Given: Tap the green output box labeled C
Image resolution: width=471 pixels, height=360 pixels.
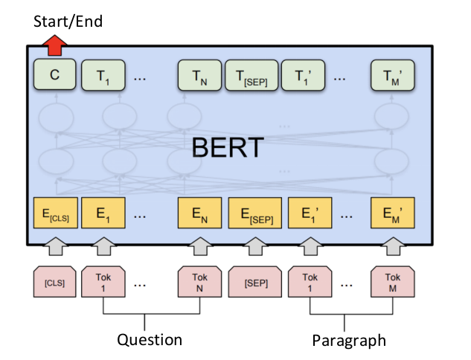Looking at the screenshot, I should tap(54, 76).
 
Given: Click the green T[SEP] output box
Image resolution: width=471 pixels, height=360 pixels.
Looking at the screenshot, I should tap(251, 76).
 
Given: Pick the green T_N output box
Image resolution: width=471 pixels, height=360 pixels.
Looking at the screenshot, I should tap(199, 76).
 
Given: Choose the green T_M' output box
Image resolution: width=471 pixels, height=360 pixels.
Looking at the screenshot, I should tap(391, 76).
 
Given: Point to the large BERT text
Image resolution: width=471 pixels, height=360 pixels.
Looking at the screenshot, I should tap(228, 147).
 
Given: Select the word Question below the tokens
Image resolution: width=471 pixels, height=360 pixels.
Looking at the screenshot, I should tap(150, 340).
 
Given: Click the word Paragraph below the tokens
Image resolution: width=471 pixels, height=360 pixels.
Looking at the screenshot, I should tap(349, 341).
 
